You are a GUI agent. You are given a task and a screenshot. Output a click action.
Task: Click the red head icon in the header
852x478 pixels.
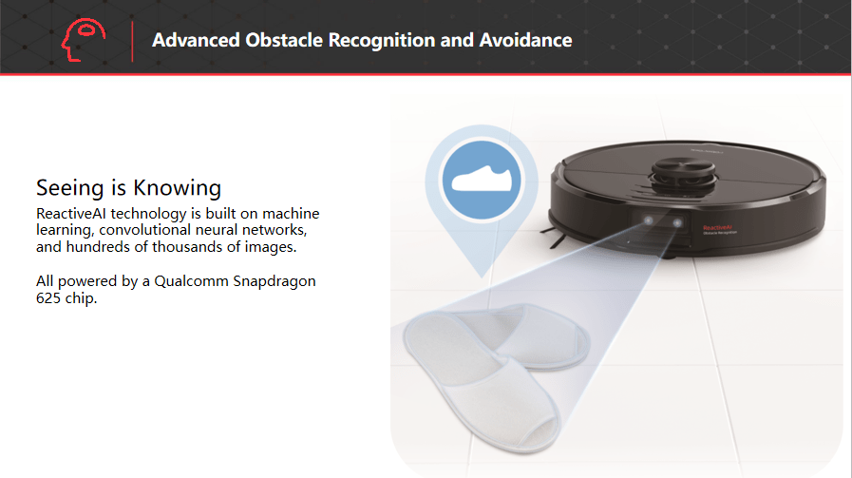click(84, 40)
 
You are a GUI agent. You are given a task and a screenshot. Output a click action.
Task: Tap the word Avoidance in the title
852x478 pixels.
click(525, 40)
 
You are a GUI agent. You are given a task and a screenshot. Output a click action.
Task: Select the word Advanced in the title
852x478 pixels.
click(196, 40)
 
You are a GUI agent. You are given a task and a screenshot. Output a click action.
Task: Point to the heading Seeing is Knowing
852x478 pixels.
click(129, 188)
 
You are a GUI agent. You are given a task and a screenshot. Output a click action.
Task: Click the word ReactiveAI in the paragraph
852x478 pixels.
click(71, 213)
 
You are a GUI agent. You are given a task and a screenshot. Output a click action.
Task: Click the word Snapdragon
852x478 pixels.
click(275, 281)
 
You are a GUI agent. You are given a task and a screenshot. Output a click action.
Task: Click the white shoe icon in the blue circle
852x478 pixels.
click(482, 179)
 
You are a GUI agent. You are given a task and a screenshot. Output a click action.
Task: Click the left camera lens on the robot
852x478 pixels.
click(648, 220)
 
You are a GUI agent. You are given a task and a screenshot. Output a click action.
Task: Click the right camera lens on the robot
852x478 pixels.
click(677, 222)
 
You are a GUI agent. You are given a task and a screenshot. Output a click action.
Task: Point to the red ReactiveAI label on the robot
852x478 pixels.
click(718, 227)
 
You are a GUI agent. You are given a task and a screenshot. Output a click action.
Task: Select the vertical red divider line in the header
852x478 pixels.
click(132, 41)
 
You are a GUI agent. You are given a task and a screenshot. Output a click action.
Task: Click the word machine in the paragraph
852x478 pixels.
click(291, 213)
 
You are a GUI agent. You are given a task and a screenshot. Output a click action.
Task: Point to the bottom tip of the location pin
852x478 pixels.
click(482, 277)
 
